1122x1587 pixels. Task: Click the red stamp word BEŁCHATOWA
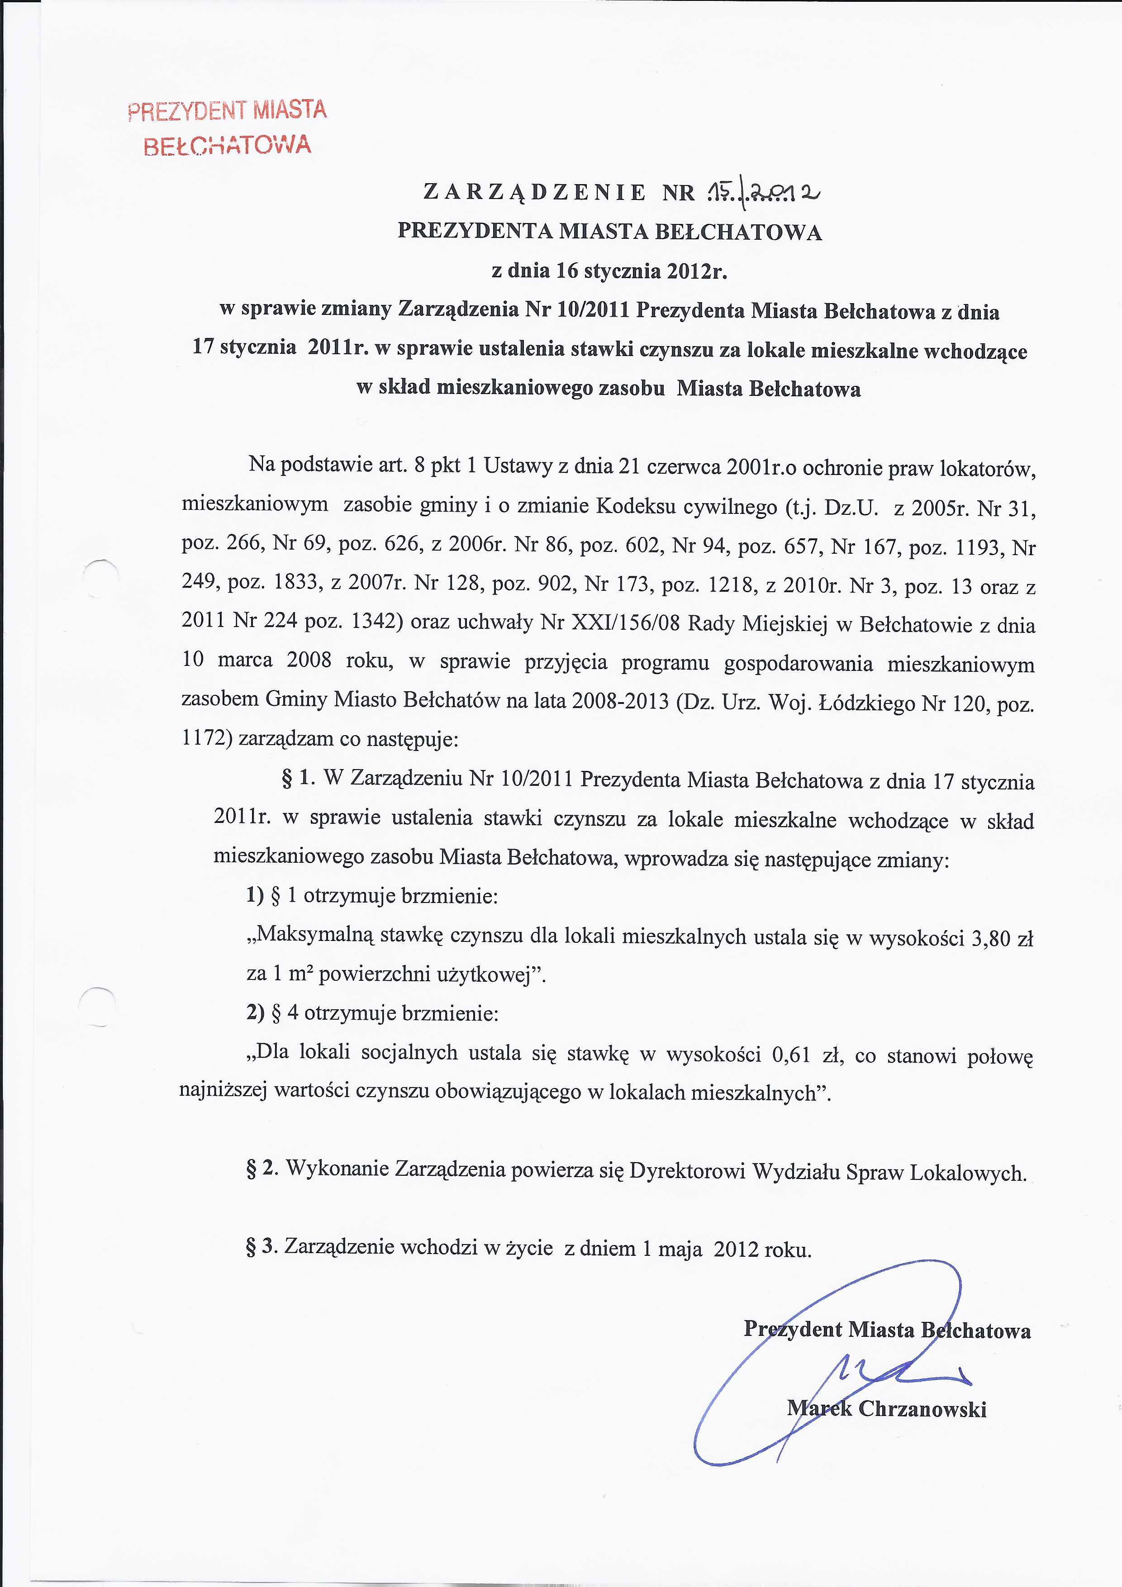[228, 146]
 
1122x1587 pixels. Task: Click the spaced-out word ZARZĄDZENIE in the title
[534, 191]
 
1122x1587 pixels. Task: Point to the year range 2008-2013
[620, 702]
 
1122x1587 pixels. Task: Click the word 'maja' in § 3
[680, 1249]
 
